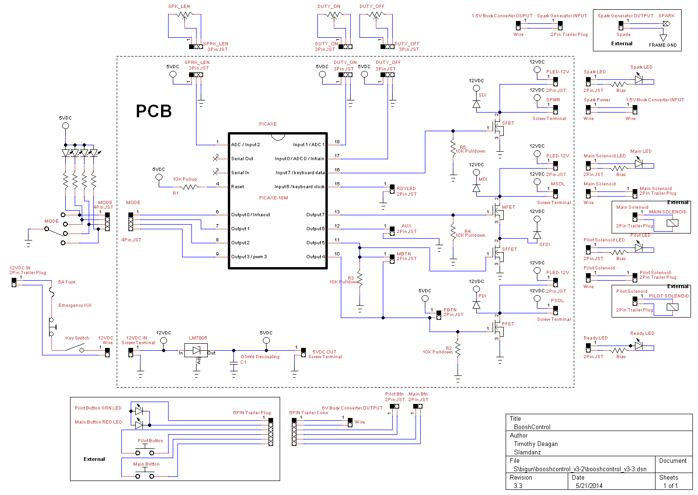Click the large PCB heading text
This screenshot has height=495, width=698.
[x=154, y=111]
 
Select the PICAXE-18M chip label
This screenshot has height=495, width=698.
[x=274, y=198]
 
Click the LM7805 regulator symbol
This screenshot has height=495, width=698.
[x=196, y=350]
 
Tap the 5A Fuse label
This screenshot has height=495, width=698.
[x=67, y=282]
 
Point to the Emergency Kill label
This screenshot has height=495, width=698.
[x=75, y=305]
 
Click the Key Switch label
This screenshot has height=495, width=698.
[x=77, y=338]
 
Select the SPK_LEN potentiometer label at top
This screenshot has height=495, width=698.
[x=179, y=7]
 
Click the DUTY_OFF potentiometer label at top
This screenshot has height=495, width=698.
[x=372, y=7]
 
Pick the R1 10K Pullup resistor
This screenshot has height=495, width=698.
[x=189, y=187]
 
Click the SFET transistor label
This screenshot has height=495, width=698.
[x=508, y=123]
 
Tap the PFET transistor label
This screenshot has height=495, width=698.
[x=508, y=324]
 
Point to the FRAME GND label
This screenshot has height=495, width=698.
[x=663, y=45]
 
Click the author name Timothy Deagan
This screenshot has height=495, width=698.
[x=536, y=444]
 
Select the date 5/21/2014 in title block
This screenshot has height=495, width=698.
[x=589, y=486]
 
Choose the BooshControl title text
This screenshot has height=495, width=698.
[x=532, y=427]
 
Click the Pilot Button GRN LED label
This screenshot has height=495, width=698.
[x=98, y=408]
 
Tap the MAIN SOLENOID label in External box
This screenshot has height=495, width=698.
[x=668, y=212]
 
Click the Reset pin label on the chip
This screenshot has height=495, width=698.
[x=237, y=187]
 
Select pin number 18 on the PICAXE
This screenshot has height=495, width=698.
[x=337, y=142]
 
